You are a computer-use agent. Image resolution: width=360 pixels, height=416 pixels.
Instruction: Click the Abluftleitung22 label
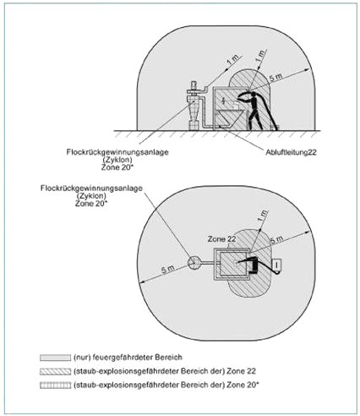click(291, 152)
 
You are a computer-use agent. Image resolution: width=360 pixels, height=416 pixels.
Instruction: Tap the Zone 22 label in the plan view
click(221, 239)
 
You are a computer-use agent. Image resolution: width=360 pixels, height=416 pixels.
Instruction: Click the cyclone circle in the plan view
click(194, 263)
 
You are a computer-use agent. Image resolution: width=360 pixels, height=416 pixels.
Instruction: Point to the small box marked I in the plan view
click(277, 265)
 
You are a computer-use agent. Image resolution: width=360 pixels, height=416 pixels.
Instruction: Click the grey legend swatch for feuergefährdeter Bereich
click(55, 358)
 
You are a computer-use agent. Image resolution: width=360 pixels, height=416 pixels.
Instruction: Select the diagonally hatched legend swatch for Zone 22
click(55, 371)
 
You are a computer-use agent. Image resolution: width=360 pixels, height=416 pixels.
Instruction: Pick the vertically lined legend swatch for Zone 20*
click(55, 385)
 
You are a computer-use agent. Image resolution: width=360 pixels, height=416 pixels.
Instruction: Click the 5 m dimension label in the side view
click(276, 77)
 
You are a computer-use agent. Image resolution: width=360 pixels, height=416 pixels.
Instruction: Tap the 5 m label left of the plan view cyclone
click(168, 270)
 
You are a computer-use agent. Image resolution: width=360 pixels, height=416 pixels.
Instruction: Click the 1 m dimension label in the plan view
click(263, 216)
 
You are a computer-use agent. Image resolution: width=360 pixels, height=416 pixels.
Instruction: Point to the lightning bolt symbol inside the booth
click(223, 101)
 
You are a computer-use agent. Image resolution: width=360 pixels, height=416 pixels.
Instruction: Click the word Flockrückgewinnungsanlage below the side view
click(117, 152)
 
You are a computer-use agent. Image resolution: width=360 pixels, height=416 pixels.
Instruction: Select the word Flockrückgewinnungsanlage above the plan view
click(91, 188)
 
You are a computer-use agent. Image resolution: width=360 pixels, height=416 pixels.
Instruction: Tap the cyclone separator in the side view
click(194, 106)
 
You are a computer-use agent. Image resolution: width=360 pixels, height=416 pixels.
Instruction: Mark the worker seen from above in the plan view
click(253, 265)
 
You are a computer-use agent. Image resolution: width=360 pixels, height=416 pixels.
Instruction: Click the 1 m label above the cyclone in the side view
click(233, 60)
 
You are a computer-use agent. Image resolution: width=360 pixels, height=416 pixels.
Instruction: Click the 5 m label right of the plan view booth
click(277, 240)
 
